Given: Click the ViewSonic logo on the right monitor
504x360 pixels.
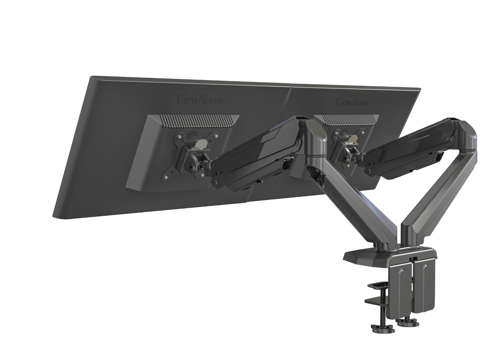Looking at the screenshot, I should coord(353,102).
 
